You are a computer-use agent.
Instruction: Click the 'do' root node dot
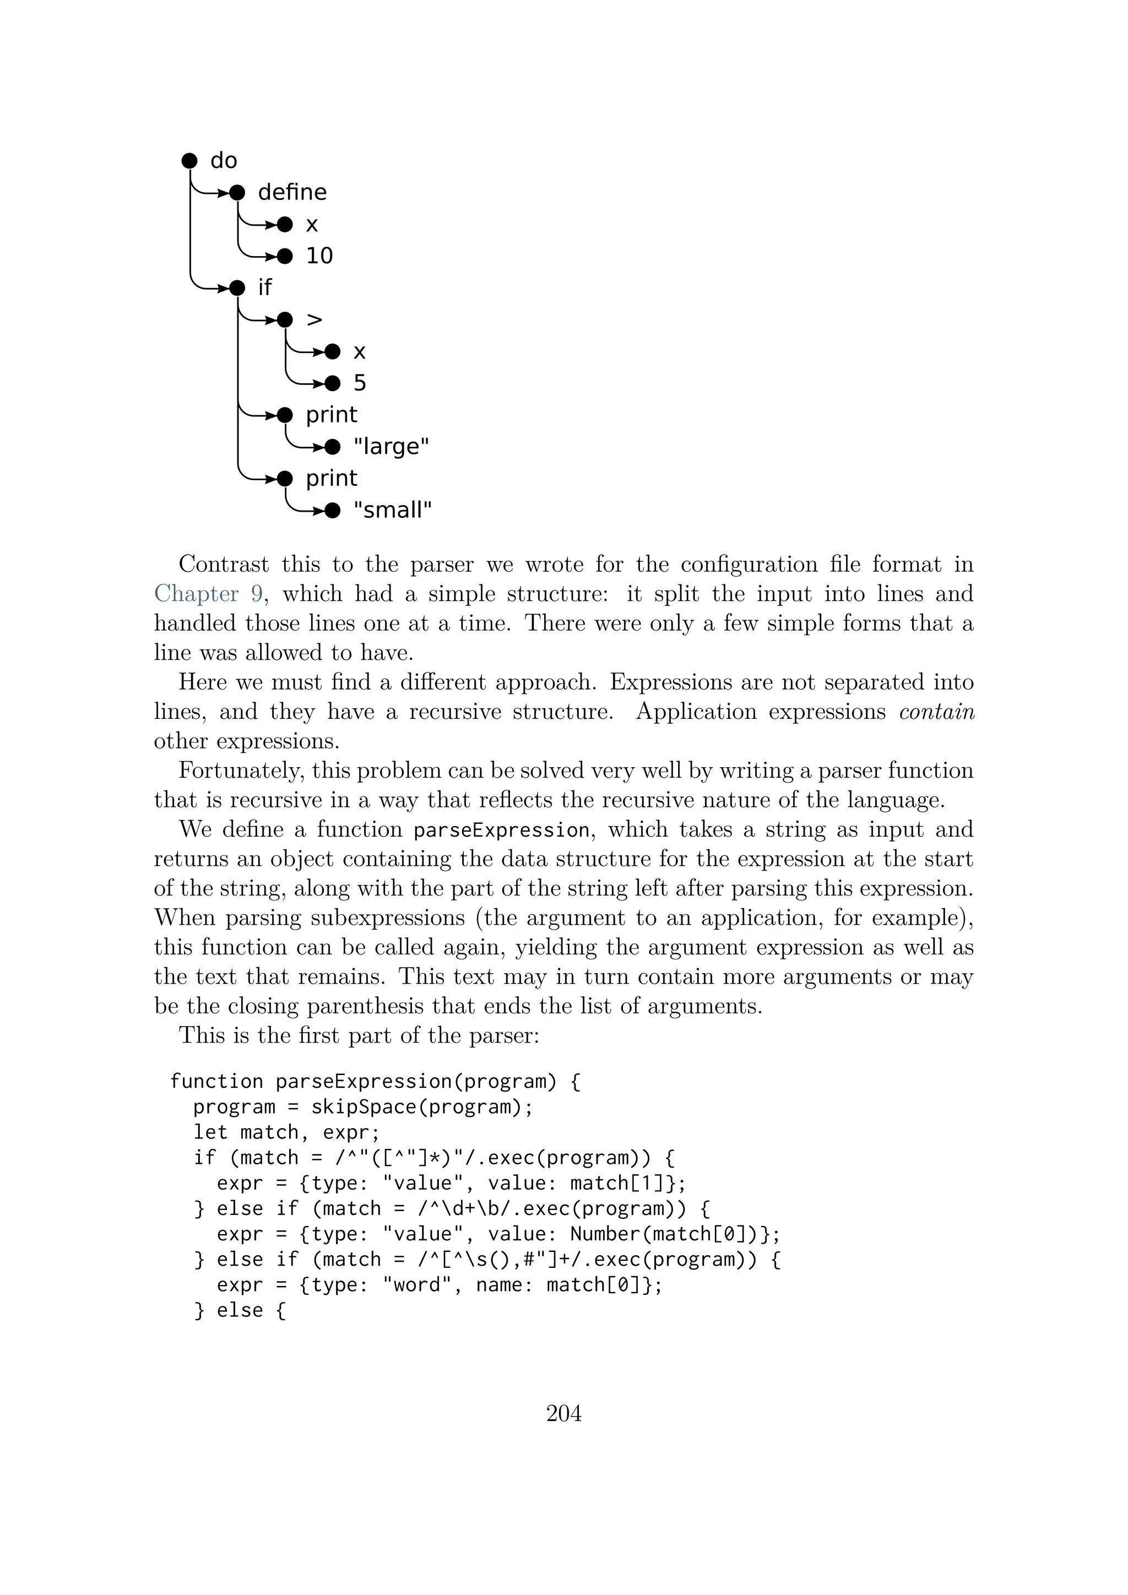[x=189, y=160]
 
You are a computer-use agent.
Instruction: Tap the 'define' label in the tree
[x=292, y=192]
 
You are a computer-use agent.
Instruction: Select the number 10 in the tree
[x=319, y=256]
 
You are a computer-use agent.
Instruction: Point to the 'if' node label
[x=264, y=287]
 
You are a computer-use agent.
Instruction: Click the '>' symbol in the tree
[x=314, y=319]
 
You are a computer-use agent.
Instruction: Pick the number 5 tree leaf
[x=360, y=383]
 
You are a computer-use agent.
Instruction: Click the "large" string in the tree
[x=391, y=447]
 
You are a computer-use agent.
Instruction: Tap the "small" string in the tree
[x=393, y=511]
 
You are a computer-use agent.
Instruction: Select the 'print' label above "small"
[x=332, y=479]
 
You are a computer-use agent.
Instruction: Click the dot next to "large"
[x=333, y=447]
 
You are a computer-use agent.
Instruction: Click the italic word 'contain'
[x=936, y=712]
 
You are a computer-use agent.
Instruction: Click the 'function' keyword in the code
[x=216, y=1082]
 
